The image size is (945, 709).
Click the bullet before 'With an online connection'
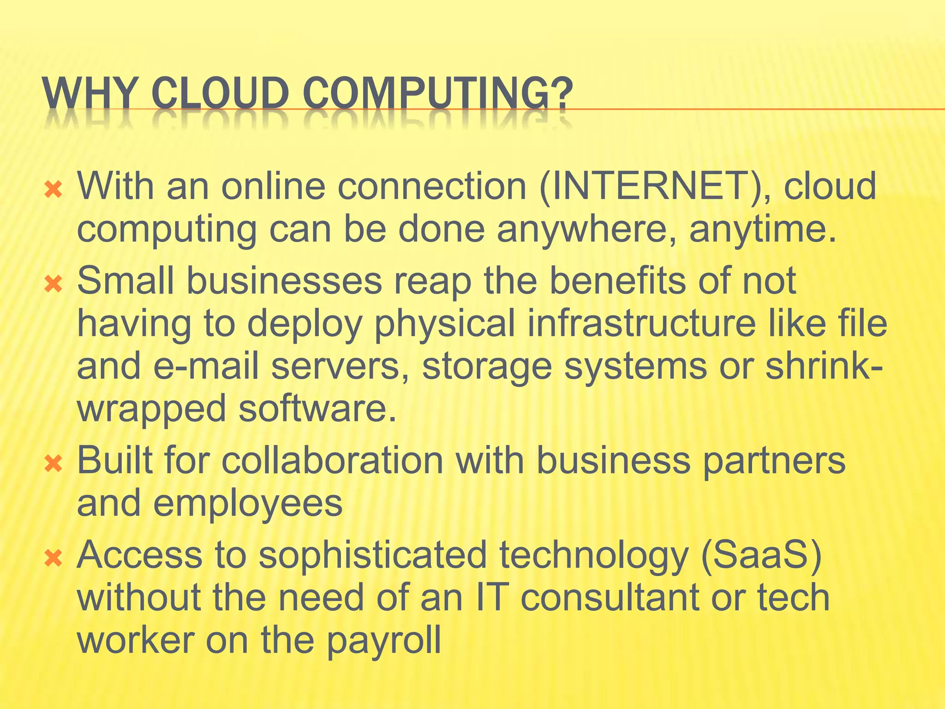54,189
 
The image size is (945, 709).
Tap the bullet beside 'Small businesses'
54,284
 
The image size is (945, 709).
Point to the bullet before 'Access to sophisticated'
54,559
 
